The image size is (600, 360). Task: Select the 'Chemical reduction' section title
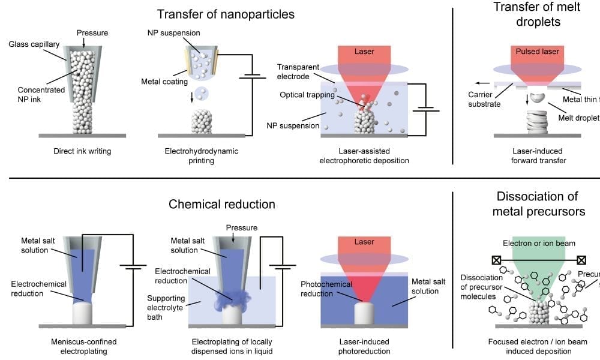(x=222, y=204)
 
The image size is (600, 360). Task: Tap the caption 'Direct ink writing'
(x=82, y=151)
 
